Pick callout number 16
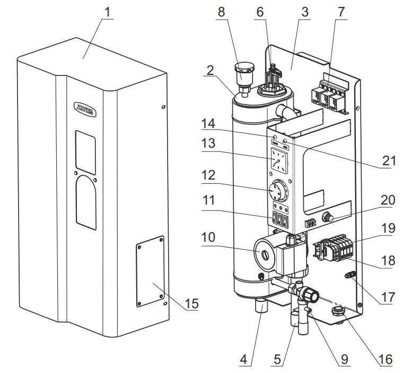coord(386,360)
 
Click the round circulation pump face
coord(266,250)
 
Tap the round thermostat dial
coord(277,190)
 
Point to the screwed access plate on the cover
coord(149,270)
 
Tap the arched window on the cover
coord(86,202)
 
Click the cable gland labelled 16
coord(338,311)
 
